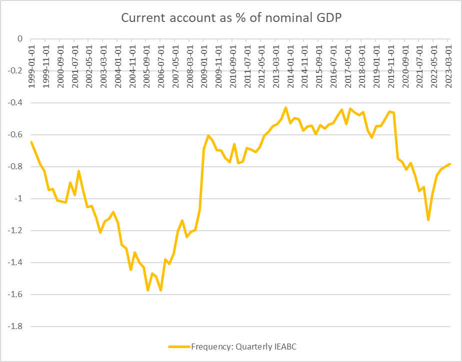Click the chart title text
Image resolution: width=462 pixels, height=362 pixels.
coord(231,18)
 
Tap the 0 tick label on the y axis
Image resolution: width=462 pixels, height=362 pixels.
coord(19,39)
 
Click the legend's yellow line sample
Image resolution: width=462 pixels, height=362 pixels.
coord(179,346)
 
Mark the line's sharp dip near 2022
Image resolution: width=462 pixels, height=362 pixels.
coord(428,220)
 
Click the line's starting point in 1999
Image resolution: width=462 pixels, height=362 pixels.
coord(31,142)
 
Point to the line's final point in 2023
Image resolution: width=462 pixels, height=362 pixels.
coord(450,164)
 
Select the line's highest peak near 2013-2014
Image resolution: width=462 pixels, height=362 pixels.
coord(285,107)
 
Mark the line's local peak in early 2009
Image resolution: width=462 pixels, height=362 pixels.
coord(208,135)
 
